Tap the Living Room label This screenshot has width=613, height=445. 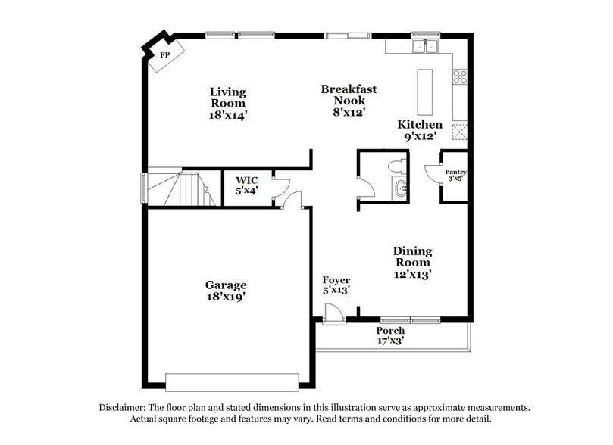pos(228,103)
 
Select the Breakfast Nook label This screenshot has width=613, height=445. pos(349,100)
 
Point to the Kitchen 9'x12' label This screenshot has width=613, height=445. pos(420,130)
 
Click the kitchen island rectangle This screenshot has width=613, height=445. pos(424,92)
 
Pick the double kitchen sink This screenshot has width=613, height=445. pos(425,47)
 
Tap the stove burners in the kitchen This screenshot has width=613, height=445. pos(459,76)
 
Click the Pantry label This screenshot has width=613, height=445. pos(455,176)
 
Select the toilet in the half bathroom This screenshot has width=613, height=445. pos(396,166)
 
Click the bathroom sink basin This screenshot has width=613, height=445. pos(399,189)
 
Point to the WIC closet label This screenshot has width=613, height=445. pos(246,185)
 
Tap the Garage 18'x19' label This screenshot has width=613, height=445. pos(225,291)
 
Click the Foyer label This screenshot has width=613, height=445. pos(336,285)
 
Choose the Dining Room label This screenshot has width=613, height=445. pos(412,263)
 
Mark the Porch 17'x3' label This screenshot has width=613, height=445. pos(390,335)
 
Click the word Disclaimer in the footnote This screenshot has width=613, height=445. pos(125,406)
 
